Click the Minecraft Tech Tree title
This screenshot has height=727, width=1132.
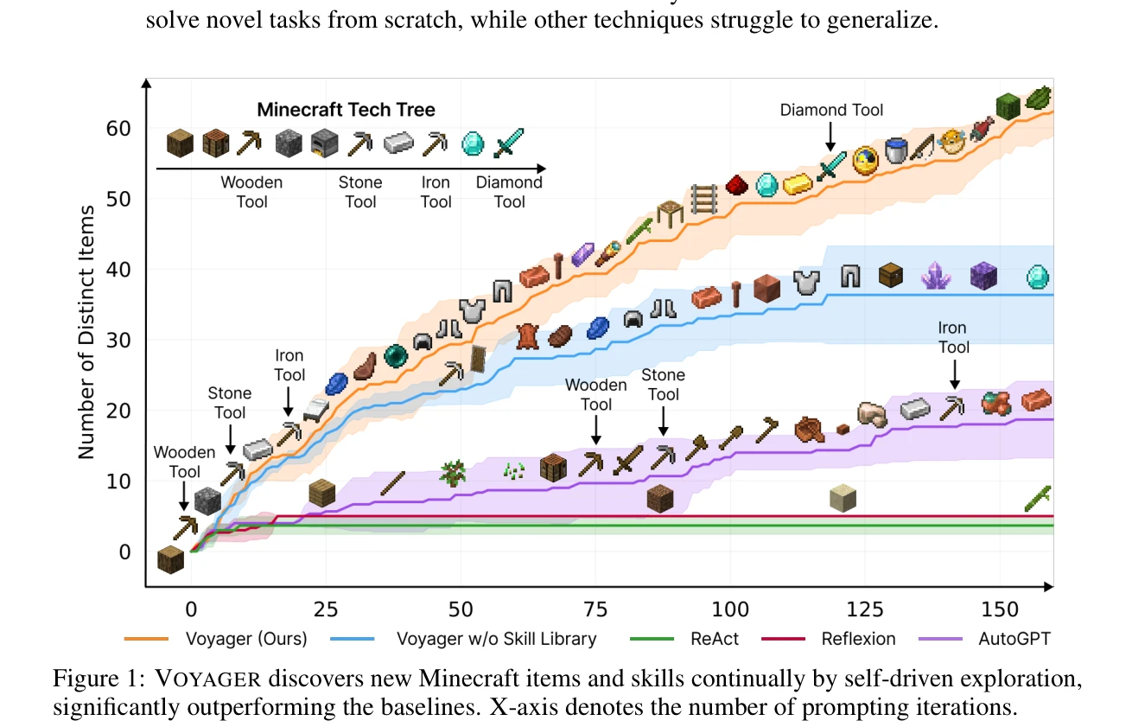point(346,109)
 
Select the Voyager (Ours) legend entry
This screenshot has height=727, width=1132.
point(216,639)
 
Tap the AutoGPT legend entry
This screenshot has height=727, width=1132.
point(984,639)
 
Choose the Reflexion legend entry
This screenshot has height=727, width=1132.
point(829,639)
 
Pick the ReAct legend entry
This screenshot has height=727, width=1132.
point(684,639)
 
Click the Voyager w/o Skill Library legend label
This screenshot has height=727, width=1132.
point(496,639)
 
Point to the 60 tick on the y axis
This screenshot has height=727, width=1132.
point(118,129)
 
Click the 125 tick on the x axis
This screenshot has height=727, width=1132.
point(865,609)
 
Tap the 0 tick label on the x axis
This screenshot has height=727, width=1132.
point(191,609)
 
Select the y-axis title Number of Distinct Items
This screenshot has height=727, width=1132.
point(86,332)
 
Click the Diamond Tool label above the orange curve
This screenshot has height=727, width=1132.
point(831,110)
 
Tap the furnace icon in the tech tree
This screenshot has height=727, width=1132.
point(324,143)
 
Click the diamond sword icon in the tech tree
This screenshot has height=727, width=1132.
point(509,143)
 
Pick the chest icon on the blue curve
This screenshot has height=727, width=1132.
point(890,275)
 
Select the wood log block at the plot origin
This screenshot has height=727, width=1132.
point(171,559)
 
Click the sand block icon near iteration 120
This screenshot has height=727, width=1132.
point(843,498)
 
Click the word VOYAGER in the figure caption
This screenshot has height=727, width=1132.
point(207,679)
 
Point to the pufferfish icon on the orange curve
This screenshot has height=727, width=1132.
point(951,142)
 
